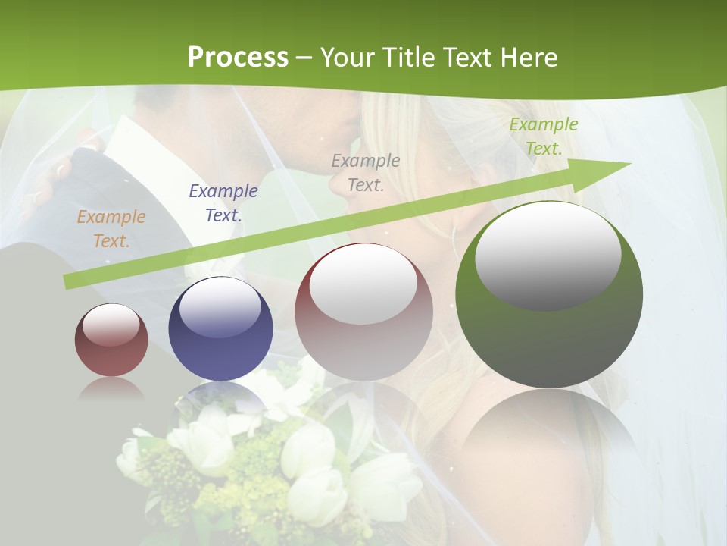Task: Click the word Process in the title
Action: click(238, 58)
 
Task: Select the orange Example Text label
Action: click(111, 229)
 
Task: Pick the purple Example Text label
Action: click(223, 202)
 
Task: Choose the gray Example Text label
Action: click(366, 172)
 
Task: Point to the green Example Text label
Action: click(543, 136)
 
